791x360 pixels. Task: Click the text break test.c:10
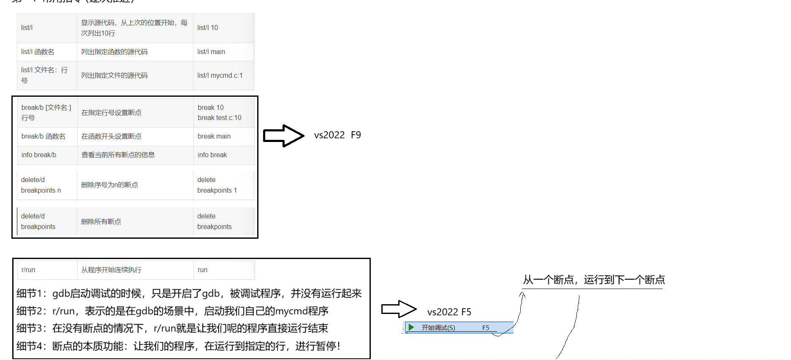click(x=220, y=118)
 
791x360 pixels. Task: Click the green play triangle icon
click(x=411, y=327)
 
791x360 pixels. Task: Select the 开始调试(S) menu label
click(x=438, y=328)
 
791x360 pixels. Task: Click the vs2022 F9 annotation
click(x=337, y=135)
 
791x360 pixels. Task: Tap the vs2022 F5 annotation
click(x=449, y=312)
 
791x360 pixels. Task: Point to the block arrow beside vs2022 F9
click(x=283, y=136)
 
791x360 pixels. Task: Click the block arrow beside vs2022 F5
click(x=398, y=309)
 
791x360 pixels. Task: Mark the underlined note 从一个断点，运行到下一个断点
click(x=594, y=280)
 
